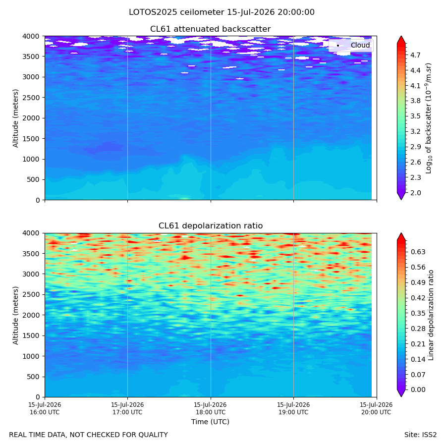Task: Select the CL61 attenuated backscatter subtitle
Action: click(210, 29)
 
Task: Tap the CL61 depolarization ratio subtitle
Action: click(211, 226)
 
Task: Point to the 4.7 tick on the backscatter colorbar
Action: click(415, 55)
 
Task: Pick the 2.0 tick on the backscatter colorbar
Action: click(415, 193)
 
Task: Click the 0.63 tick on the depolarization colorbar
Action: click(418, 252)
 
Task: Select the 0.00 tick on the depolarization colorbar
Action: click(418, 390)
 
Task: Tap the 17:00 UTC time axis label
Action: click(127, 408)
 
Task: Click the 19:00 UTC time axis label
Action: click(293, 408)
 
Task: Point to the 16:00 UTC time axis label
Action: click(45, 408)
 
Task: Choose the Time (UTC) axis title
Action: click(210, 422)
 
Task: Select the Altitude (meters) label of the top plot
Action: click(15, 118)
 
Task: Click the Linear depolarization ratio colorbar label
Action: click(431, 316)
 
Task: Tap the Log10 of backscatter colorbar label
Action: click(429, 118)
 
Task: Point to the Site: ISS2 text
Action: click(420, 435)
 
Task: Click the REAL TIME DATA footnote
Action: click(89, 435)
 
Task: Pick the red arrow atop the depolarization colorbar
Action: click(401, 237)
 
